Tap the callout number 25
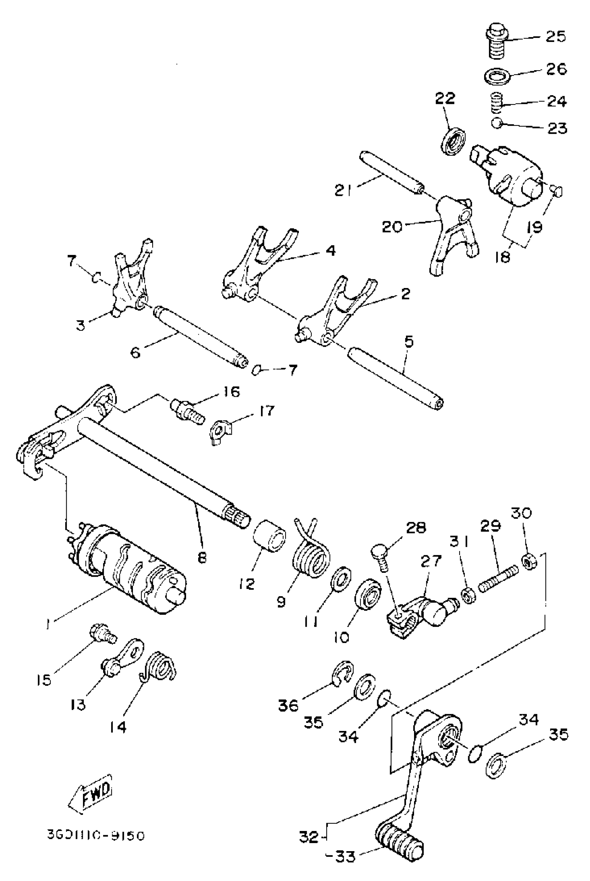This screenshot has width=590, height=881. (555, 36)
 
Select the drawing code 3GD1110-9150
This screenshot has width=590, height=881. (95, 835)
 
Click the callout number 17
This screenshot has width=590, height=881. (267, 411)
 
